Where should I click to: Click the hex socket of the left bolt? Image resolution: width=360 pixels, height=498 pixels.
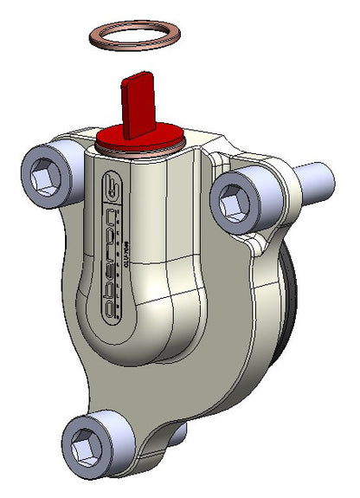(x=47, y=180)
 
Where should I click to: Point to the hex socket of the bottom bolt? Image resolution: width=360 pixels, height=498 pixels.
(x=89, y=449)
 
